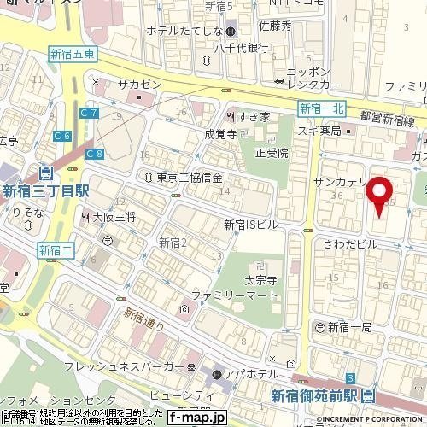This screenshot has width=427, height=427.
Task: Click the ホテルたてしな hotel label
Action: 184,32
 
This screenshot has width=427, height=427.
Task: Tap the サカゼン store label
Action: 138,84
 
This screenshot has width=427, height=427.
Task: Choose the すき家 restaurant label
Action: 253,115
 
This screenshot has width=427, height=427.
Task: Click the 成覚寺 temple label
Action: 220,134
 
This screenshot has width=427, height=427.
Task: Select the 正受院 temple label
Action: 272,153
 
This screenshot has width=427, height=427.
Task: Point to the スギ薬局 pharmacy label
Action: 319,131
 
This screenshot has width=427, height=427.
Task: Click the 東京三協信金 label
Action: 190,178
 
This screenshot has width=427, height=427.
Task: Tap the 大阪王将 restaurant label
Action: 113,217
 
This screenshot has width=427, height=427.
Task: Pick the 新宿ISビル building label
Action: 251,225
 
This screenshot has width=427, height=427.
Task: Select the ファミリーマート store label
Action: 235,295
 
